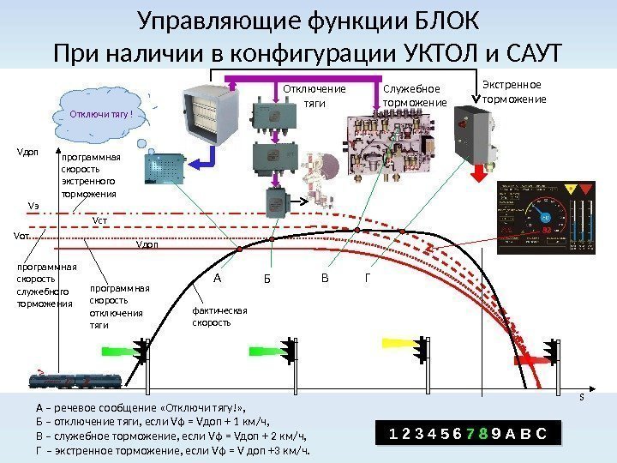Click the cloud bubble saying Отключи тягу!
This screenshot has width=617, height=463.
pos(105,113)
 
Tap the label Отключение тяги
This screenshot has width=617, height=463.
pos(314,96)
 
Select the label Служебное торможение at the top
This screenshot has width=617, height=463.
pos(415,96)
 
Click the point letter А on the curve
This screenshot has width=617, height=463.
pos(217,278)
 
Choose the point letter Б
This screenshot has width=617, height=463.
pos(267,280)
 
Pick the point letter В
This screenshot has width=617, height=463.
pos(324,278)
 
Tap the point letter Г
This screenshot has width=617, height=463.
pos(368,278)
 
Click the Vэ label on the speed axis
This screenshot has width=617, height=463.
pos(33,207)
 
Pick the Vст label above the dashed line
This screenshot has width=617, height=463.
pos(100,220)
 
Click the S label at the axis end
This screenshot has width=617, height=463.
pos(583,397)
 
